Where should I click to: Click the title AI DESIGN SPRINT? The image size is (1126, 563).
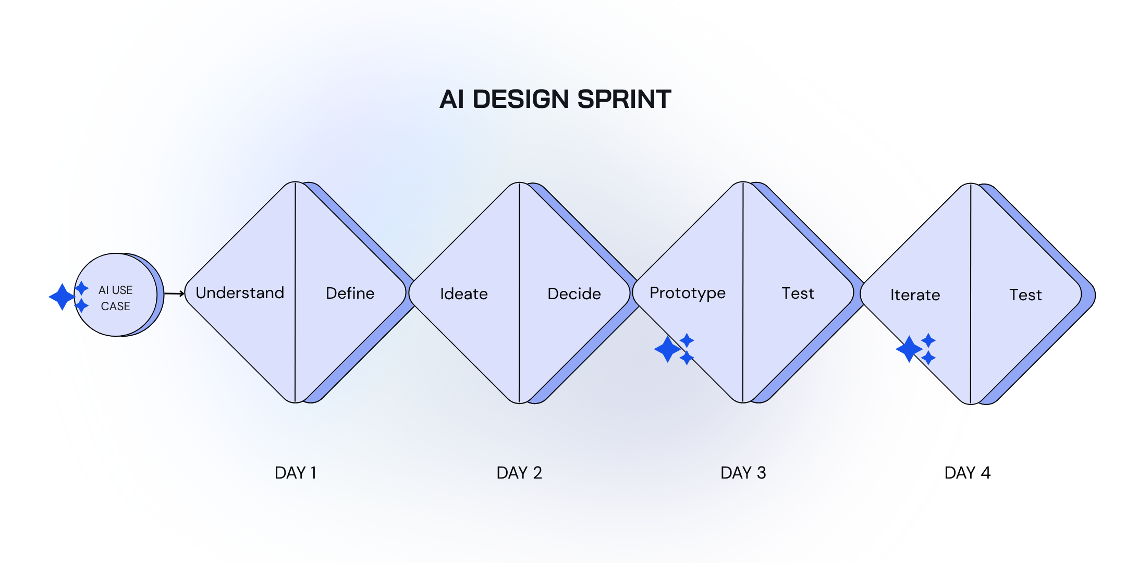[555, 99]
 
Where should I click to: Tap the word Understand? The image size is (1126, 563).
[240, 293]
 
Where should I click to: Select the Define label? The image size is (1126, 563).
[350, 293]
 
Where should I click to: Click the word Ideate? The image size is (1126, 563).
[464, 294]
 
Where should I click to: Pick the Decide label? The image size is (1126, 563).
[574, 294]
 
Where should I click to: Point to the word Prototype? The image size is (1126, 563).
[687, 293]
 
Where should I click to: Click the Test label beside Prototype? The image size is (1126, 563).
[798, 293]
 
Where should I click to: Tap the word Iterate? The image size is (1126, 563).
[915, 295]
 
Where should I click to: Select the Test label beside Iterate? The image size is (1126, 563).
[1025, 295]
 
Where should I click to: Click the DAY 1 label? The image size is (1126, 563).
[296, 473]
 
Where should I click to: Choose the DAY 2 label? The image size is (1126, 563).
[519, 473]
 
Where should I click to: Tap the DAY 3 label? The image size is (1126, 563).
[743, 473]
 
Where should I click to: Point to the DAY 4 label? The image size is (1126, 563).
[967, 473]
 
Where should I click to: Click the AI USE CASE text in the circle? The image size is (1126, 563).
[116, 298]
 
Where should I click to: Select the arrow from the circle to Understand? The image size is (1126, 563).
[174, 294]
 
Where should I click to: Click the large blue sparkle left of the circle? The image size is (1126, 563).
[62, 297]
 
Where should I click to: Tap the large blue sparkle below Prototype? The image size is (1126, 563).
[668, 349]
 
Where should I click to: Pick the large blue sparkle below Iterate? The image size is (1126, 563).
[909, 349]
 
